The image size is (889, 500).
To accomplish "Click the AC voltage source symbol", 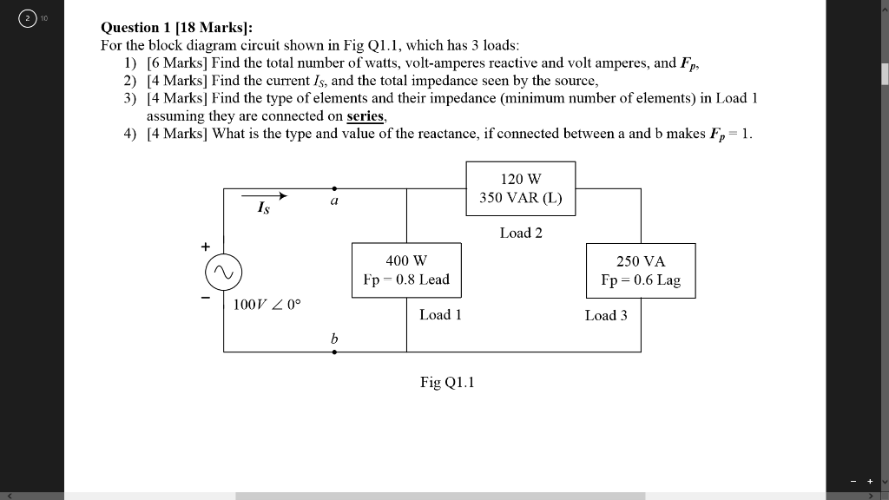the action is pos(223,272).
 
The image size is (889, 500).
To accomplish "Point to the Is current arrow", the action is pos(264,196).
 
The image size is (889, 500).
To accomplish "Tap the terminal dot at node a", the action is pos(334,188).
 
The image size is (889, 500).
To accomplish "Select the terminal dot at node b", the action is pos(334,352).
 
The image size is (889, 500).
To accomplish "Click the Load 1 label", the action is pos(440,314).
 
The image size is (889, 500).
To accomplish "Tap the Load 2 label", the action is pos(521,233).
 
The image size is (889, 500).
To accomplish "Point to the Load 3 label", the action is pos(606,315).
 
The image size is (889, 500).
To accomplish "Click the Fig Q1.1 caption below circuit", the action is pos(447,382).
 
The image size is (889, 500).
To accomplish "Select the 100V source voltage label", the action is pos(267,305).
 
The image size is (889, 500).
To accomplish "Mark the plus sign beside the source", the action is pos(205,247).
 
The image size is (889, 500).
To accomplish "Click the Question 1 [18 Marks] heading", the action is pos(177,27).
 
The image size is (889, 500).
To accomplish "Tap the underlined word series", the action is pos(365,116).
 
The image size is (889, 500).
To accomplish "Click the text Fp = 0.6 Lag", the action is pos(641,280).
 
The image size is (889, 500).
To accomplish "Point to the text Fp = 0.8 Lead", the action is pos(406,280).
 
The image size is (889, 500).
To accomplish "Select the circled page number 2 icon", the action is pos(27,19).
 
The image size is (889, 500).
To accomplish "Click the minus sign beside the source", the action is pos(205,297).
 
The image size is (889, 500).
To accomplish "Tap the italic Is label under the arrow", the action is pos(264,207).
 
